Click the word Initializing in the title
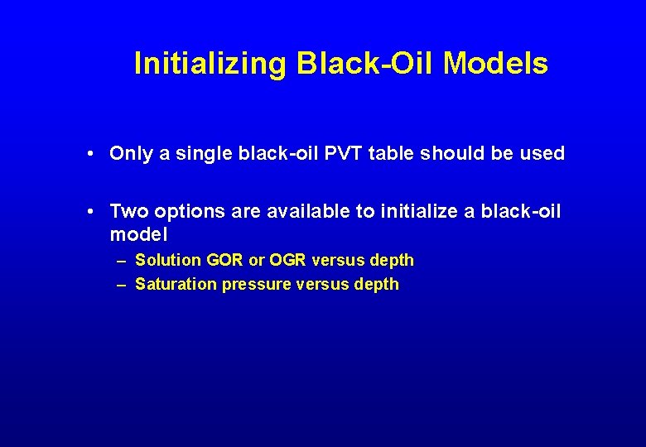tap(210, 64)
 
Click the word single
tap(192, 153)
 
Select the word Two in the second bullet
tap(127, 212)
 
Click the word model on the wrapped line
tap(138, 234)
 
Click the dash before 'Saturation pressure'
tap(121, 284)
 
